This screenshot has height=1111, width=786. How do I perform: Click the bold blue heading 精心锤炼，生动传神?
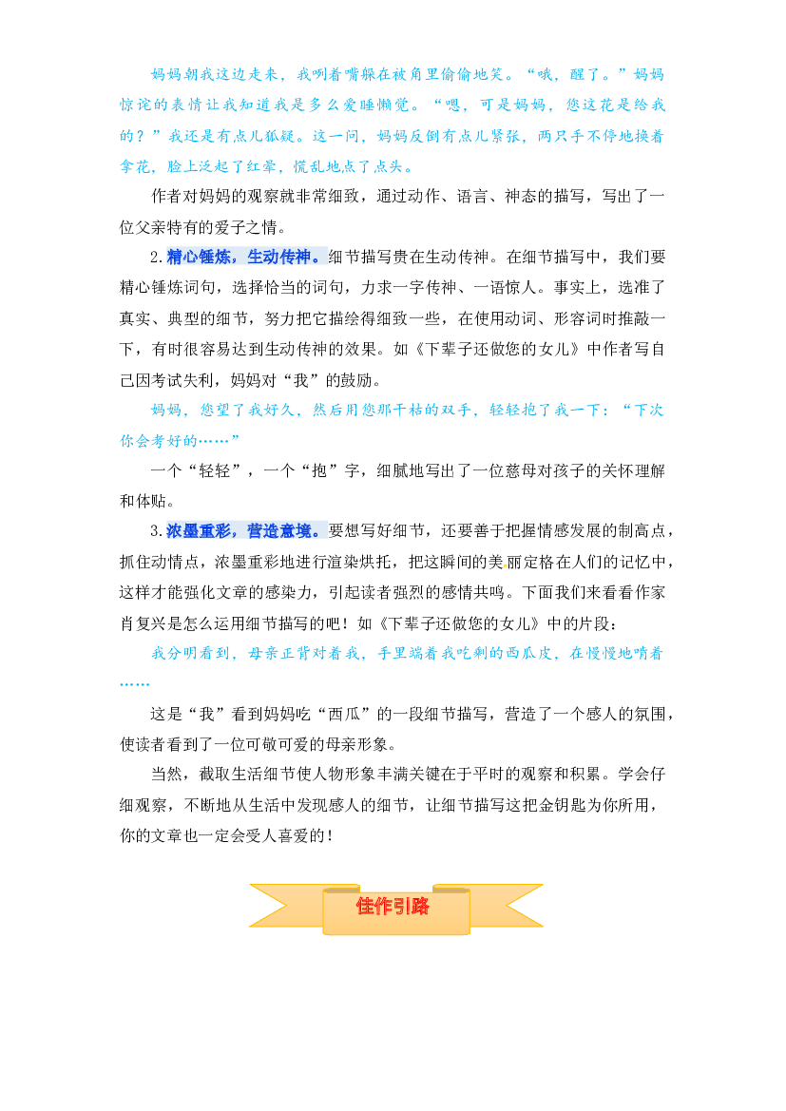247,257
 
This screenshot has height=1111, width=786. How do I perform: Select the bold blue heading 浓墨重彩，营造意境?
247,530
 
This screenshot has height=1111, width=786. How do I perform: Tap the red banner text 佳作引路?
393,907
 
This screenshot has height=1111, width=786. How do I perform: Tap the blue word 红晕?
259,166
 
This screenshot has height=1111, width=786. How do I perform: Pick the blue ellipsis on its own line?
135,683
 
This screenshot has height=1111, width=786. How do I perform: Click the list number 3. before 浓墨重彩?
157,531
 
